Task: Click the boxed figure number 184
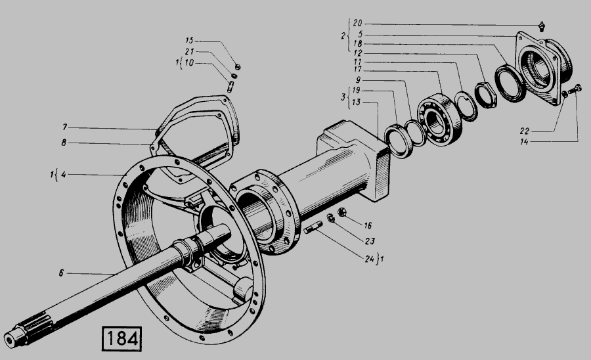121,338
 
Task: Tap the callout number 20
357,24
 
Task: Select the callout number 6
62,273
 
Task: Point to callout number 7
65,127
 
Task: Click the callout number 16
368,225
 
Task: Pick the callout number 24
369,259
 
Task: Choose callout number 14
524,142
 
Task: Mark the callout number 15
189,40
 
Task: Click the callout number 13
356,102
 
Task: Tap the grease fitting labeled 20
542,26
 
